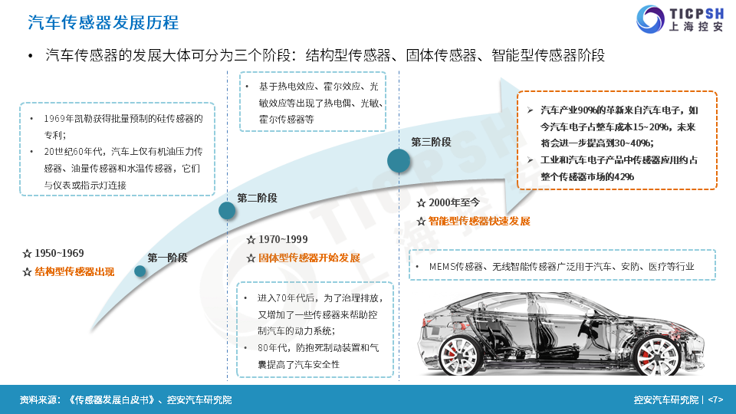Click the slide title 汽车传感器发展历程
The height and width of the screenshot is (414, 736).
click(x=103, y=22)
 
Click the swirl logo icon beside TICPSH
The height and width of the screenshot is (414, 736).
click(x=650, y=19)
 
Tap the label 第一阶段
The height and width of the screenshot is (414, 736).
click(x=167, y=258)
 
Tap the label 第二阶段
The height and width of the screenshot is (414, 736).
click(x=257, y=198)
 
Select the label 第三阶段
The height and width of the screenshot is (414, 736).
click(x=431, y=143)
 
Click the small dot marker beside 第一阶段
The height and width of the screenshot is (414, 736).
click(x=140, y=271)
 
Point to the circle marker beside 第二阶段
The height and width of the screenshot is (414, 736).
click(x=227, y=211)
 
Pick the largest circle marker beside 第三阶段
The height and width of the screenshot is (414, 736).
click(x=399, y=160)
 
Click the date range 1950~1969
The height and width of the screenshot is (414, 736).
click(x=59, y=254)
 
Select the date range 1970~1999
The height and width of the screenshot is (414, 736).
click(x=283, y=239)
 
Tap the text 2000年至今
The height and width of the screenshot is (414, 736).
click(x=454, y=202)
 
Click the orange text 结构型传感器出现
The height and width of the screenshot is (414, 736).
click(x=74, y=271)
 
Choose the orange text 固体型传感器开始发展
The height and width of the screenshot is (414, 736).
click(x=309, y=258)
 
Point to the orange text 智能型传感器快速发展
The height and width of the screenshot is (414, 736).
click(x=479, y=221)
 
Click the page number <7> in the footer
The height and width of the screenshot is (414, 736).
click(x=715, y=400)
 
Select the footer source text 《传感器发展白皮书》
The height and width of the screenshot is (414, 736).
click(x=111, y=400)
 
